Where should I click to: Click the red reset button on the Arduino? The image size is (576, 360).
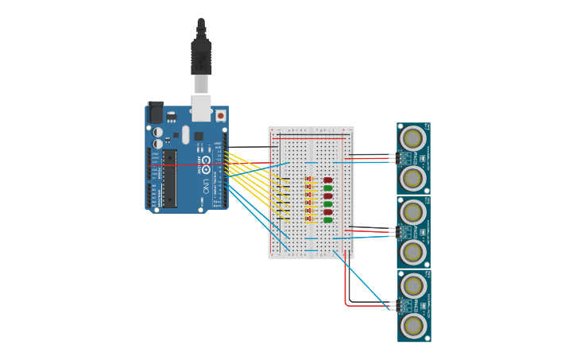[x=220, y=115]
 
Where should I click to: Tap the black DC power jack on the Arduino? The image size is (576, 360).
[x=155, y=112]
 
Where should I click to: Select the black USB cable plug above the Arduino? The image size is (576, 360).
[x=201, y=56]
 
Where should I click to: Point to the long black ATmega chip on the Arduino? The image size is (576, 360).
[x=170, y=178]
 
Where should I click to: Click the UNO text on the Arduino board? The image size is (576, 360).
[x=204, y=188]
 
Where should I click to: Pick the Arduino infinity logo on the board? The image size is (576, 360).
[x=206, y=165]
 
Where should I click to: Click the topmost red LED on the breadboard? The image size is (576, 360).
[x=327, y=180]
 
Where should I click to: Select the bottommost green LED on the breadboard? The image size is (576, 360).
[x=327, y=220]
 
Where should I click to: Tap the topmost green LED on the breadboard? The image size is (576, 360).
[x=327, y=188]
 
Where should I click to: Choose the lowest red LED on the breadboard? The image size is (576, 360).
[x=327, y=212]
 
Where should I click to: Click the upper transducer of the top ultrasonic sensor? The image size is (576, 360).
[x=412, y=139]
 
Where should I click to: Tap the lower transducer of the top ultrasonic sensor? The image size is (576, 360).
[x=412, y=179]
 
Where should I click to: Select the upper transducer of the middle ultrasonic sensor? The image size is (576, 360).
[x=412, y=212]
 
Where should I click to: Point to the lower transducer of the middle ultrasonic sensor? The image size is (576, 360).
[x=412, y=252]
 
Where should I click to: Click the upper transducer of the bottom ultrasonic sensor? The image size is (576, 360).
[x=412, y=285]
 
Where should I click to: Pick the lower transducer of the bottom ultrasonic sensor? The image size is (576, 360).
[x=412, y=325]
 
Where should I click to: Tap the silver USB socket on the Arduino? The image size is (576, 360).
[x=201, y=106]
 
